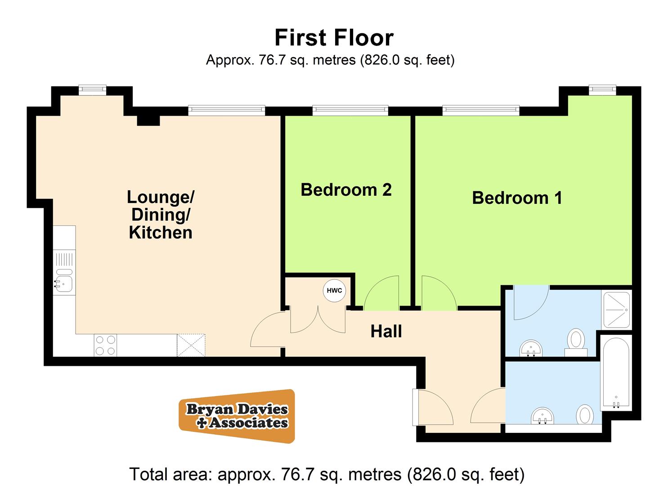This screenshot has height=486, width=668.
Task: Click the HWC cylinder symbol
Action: coord(334,290)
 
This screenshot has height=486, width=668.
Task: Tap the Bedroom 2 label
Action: coord(346,190)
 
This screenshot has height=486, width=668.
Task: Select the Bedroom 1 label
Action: coord(517,198)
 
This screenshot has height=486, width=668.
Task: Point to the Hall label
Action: coord(386,332)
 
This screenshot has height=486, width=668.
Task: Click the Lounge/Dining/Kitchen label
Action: coord(161,215)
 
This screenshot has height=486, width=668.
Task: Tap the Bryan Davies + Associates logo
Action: coord(237,416)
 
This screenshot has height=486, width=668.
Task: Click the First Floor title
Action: coord(334,38)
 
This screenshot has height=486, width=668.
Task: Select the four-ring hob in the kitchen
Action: coord(105,345)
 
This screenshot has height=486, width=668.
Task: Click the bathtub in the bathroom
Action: coord(615,373)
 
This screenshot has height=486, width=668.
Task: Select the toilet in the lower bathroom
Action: coord(585,415)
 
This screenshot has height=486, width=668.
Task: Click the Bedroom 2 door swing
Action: coord(381,293)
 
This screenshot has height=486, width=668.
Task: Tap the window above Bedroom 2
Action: coord(350,109)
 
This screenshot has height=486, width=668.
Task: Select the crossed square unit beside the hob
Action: coord(191,345)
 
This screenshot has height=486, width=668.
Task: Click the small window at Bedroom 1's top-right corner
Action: coord(602,90)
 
